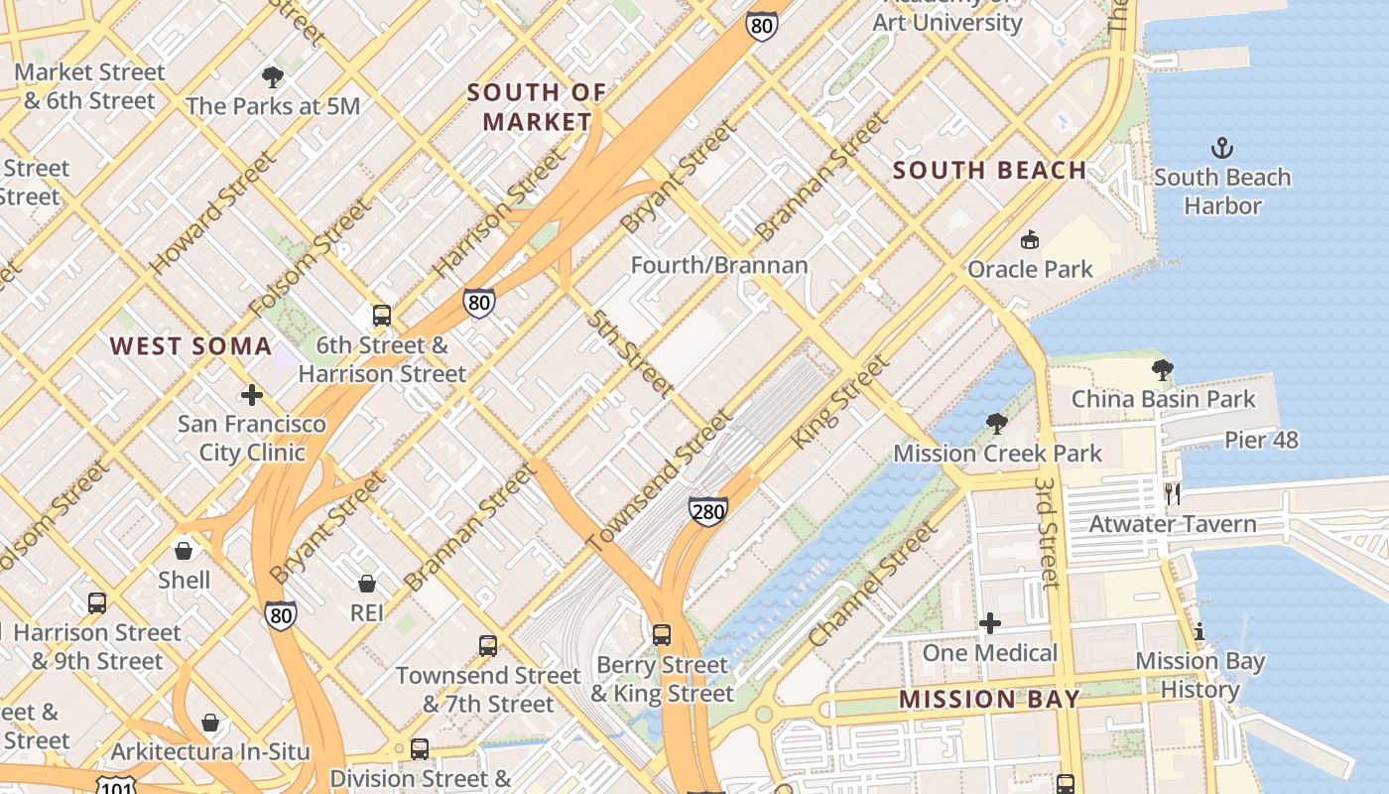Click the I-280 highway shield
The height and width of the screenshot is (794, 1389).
pos(707,511)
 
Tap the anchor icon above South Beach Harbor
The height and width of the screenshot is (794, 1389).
pos(1222,149)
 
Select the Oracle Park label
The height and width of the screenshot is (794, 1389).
pos(1030,269)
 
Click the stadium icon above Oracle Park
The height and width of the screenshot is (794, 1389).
pos(1030,239)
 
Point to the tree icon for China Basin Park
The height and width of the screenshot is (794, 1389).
pos(1162,371)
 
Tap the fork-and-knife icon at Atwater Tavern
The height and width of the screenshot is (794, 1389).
pos(1173,493)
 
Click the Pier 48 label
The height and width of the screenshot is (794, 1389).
pos(1261,440)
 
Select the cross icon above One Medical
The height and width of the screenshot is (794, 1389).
pos(990,623)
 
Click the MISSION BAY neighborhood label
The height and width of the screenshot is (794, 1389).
pos(989,699)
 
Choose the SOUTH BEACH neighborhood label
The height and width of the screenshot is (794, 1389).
pos(989,171)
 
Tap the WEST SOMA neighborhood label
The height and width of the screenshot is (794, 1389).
pos(190,346)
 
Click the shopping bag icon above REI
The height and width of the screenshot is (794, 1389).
pos(367,584)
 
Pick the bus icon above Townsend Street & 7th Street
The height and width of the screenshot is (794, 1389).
pos(487,646)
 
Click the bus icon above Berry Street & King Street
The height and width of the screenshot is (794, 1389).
pos(662,634)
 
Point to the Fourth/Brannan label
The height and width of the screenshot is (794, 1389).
pos(719,266)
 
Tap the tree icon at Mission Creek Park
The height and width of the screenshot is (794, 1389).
pos(997,424)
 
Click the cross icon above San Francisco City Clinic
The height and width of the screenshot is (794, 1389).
pos(252,395)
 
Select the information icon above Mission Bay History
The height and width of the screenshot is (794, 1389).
pos(1200,631)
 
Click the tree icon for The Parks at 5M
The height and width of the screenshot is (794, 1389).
pos(272,76)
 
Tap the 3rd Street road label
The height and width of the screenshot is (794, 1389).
pos(1048,532)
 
